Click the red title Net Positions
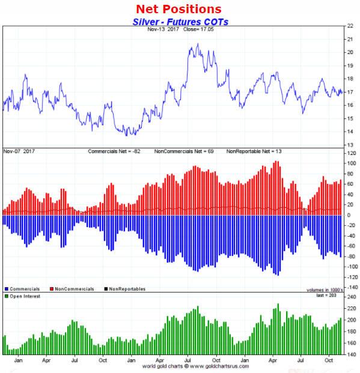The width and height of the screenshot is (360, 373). [178, 9]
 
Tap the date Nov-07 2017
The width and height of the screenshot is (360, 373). [19, 151]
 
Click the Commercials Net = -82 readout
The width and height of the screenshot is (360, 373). [118, 151]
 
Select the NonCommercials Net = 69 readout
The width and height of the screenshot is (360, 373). [187, 151]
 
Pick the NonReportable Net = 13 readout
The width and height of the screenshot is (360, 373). [254, 151]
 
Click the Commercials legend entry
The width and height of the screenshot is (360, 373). [23, 289]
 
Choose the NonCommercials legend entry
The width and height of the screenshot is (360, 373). [72, 289]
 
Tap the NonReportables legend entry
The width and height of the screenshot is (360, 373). [126, 289]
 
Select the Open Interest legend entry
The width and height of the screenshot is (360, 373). [24, 296]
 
